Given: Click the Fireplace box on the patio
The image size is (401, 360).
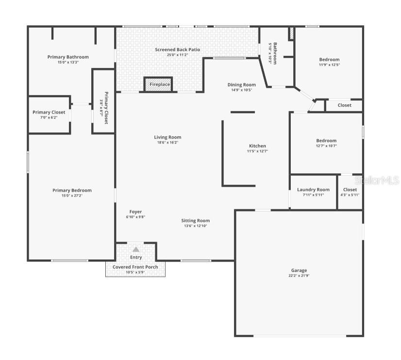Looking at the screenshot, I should (x=158, y=84).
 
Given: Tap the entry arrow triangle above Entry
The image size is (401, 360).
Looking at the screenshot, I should (x=136, y=249).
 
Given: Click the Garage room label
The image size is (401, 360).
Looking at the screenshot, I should (x=299, y=270).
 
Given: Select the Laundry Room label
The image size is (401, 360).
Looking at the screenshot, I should (x=313, y=190).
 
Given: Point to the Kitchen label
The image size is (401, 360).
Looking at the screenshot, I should (x=257, y=146).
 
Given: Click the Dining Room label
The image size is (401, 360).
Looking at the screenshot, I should (x=241, y=85).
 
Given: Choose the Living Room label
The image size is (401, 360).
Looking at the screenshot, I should (x=167, y=137).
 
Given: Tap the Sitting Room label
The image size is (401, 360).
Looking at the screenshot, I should (x=196, y=221).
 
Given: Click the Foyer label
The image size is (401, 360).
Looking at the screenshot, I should (x=135, y=212).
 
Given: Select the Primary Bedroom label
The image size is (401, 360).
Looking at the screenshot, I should (x=72, y=190).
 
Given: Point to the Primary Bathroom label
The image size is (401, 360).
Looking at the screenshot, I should (x=68, y=57).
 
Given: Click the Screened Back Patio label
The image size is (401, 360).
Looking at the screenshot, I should (x=177, y=49).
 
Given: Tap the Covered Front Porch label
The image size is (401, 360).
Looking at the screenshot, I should (x=135, y=267).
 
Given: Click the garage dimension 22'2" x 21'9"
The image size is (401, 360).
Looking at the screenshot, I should (x=299, y=276).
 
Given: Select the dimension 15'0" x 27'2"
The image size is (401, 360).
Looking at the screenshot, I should (x=72, y=196).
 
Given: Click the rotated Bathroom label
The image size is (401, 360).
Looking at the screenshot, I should (x=275, y=53).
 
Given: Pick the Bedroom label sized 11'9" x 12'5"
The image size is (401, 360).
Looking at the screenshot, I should (x=329, y=60).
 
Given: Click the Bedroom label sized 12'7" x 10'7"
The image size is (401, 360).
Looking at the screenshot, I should (x=326, y=141).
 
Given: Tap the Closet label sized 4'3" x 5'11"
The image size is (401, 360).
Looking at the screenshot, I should (x=350, y=190).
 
